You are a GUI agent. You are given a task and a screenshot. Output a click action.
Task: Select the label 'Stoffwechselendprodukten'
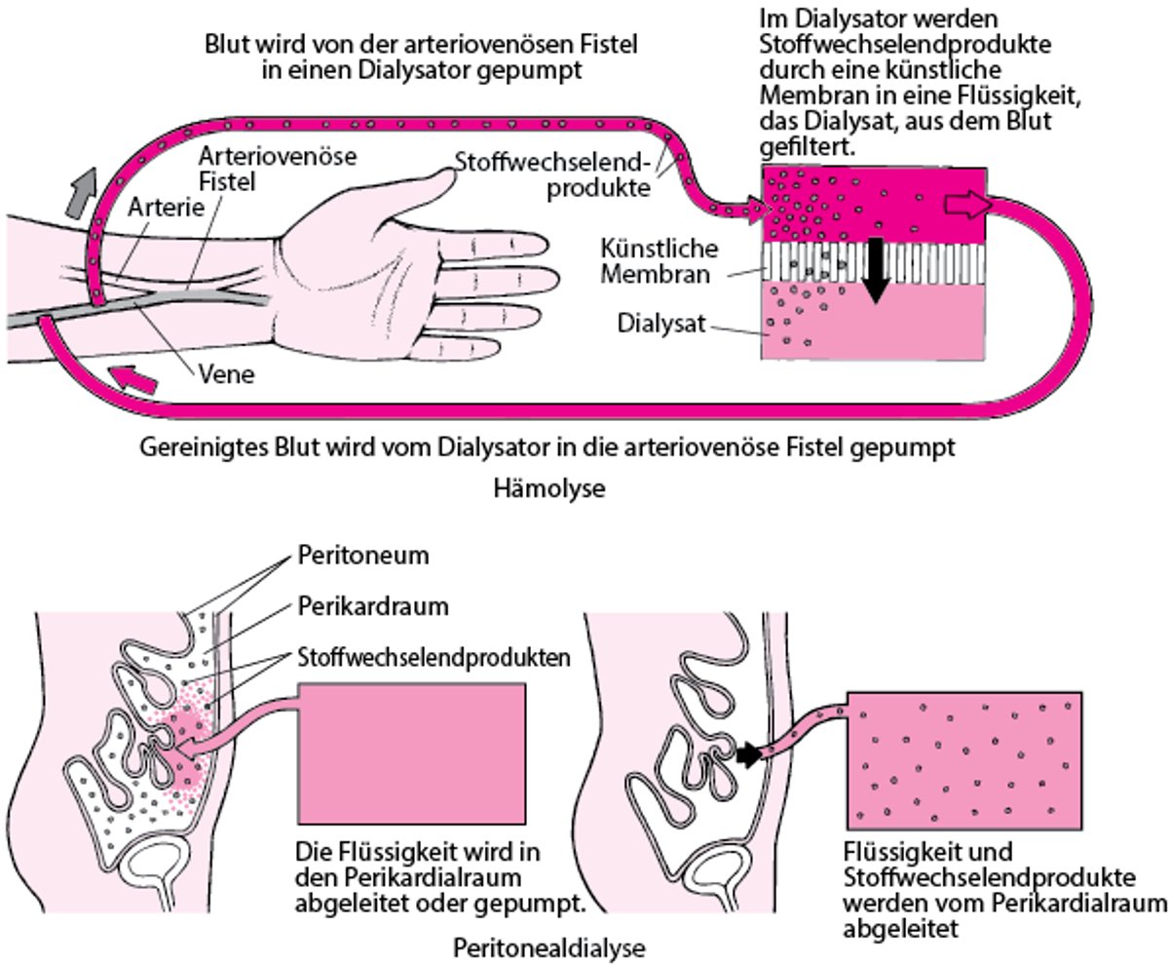[x=432, y=658]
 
